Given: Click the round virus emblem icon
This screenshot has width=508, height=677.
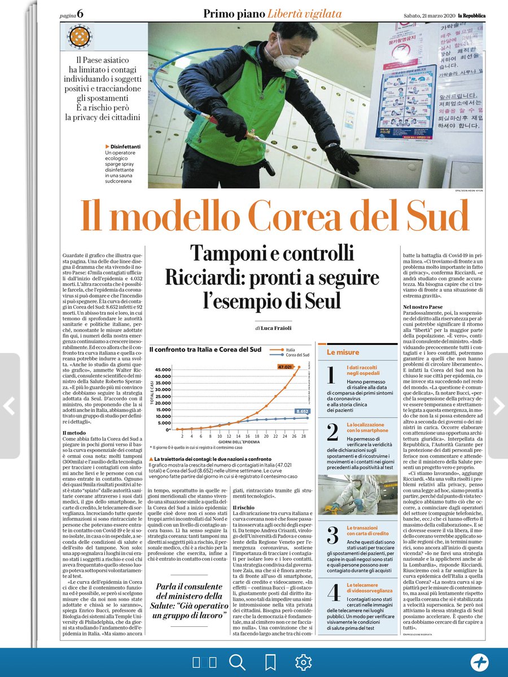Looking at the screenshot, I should pyautogui.click(x=78, y=37).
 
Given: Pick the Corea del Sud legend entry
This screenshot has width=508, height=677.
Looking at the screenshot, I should pyautogui.click(x=297, y=355).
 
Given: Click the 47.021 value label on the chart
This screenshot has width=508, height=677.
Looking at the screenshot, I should pyautogui.click(x=285, y=367).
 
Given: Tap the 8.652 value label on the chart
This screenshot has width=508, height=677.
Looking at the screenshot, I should pyautogui.click(x=301, y=412).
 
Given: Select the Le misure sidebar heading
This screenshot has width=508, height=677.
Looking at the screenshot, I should pyautogui.click(x=343, y=352).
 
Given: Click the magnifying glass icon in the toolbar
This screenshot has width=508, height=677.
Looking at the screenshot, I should pyautogui.click(x=237, y=662).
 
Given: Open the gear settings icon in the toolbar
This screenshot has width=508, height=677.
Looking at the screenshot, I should pyautogui.click(x=303, y=662).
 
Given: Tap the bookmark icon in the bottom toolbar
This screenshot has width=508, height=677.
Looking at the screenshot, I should pyautogui.click(x=270, y=662).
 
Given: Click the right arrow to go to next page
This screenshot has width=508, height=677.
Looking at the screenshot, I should pyautogui.click(x=498, y=406).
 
